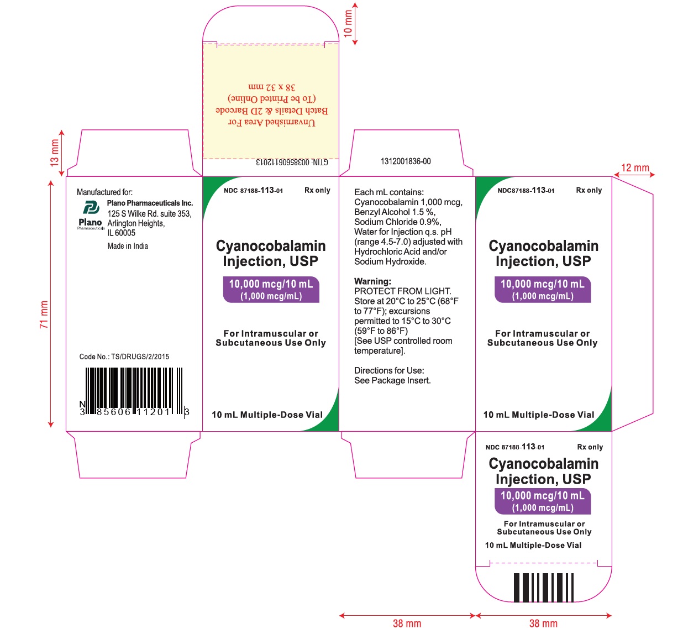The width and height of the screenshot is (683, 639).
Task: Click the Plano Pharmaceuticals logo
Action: (x=91, y=214)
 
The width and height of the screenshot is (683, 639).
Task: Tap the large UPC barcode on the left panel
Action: (x=134, y=392)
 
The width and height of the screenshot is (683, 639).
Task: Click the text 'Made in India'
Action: (x=128, y=246)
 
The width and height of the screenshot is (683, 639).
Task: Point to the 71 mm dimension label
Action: (x=44, y=314)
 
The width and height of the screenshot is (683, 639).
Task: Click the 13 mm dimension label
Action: (x=54, y=153)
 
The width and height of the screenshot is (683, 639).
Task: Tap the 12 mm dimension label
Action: (x=635, y=167)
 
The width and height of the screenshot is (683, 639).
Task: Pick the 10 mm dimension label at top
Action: (x=348, y=23)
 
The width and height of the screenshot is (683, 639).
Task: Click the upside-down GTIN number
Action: (x=292, y=162)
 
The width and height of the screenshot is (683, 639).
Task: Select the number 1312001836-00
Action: (x=406, y=161)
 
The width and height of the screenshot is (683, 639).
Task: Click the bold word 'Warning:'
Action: (x=372, y=281)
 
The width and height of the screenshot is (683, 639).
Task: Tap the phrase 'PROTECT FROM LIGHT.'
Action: (x=402, y=291)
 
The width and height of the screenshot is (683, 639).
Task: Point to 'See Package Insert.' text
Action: (x=392, y=380)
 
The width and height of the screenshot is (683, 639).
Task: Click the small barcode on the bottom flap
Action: (x=543, y=588)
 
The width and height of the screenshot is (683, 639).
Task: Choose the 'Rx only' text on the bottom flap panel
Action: (x=590, y=447)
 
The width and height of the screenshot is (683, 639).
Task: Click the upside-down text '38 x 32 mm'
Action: (x=272, y=87)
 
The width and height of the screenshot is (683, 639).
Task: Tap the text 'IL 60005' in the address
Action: (x=122, y=233)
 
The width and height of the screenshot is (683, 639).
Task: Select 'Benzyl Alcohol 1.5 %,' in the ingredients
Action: (x=395, y=212)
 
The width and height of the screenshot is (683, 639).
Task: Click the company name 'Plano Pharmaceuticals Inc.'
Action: (x=150, y=203)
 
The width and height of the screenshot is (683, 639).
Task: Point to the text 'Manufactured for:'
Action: (x=104, y=192)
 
